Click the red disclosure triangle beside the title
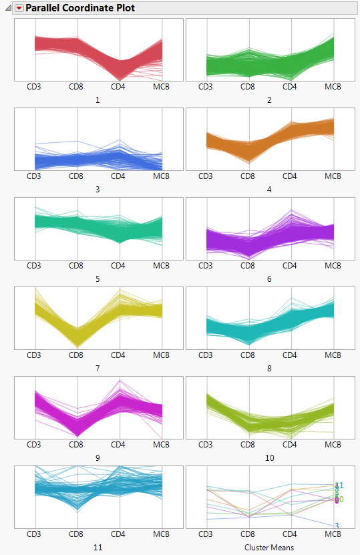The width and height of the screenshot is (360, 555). (19, 9)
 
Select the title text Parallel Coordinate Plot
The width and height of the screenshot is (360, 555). (79, 9)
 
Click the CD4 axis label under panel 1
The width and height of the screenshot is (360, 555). (118, 86)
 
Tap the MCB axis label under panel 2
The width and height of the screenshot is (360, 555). (333, 86)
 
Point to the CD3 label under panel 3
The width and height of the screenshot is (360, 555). (33, 176)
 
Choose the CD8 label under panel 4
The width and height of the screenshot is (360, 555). (248, 176)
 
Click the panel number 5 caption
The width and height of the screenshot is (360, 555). (98, 279)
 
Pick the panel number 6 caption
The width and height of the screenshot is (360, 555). (269, 279)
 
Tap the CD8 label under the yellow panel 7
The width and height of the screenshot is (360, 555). (76, 355)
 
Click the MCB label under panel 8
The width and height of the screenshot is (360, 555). (333, 355)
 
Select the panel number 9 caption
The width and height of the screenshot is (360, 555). (98, 458)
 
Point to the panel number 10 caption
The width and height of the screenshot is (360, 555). (269, 458)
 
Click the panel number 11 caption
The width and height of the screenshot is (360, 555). (98, 548)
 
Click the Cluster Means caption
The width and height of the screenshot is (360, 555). (269, 548)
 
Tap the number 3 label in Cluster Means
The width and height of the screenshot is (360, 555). (337, 526)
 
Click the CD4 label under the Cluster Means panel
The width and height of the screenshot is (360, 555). (290, 534)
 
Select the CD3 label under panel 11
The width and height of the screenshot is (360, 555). (33, 534)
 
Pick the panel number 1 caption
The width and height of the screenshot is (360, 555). (98, 100)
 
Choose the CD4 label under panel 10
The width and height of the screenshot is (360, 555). (290, 445)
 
